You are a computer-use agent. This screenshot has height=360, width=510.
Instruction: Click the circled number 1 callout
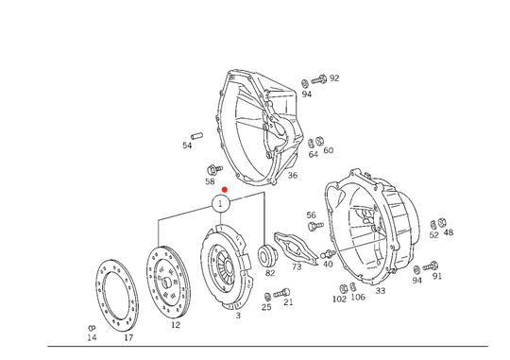click(x=221, y=204)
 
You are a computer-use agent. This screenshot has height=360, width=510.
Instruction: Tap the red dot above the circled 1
click(x=225, y=189)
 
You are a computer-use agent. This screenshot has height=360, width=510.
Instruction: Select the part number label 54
click(x=187, y=146)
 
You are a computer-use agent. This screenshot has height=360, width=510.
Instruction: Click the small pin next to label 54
click(x=196, y=135)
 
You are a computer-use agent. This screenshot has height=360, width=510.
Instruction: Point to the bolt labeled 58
click(x=214, y=169)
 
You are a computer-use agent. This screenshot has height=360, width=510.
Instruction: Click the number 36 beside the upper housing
click(x=293, y=175)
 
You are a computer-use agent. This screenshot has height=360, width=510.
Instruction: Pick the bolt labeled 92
click(x=319, y=79)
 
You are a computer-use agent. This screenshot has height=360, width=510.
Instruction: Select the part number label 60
click(x=328, y=150)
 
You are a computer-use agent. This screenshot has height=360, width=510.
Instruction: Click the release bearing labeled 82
click(x=267, y=255)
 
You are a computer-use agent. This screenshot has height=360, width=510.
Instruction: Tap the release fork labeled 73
click(x=296, y=249)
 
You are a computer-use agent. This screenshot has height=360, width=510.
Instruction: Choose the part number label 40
click(x=328, y=264)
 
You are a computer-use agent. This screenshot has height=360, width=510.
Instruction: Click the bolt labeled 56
click(x=315, y=225)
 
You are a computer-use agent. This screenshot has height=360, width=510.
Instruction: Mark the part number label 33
click(x=381, y=291)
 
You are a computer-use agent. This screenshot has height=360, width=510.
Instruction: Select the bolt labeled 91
click(x=431, y=266)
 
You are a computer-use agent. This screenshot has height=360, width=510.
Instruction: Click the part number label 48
click(x=449, y=232)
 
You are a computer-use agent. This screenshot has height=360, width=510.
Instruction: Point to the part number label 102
click(x=339, y=300)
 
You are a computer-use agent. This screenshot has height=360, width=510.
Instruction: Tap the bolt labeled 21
click(x=281, y=293)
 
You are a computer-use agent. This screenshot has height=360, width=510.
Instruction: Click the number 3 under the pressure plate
click(x=238, y=316)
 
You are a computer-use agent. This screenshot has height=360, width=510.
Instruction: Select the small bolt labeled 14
click(x=92, y=328)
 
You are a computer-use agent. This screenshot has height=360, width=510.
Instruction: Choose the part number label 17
click(x=128, y=338)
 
